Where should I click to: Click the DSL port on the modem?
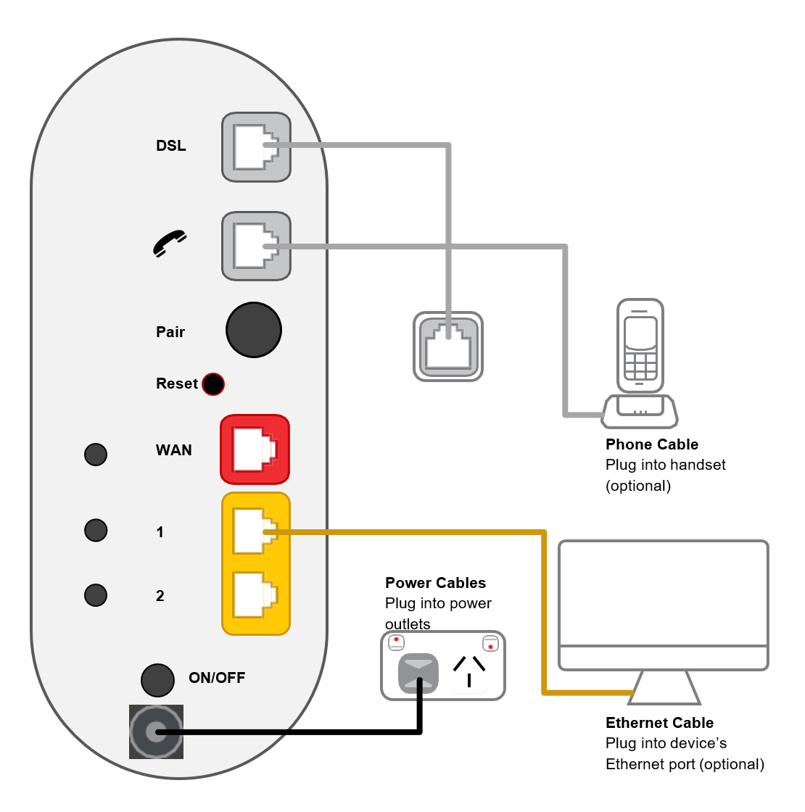[255, 147]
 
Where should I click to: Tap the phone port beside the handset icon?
[255, 246]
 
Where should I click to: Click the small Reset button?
[212, 384]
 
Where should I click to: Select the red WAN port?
[255, 449]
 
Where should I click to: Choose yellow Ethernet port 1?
[255, 531]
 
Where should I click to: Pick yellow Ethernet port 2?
[255, 595]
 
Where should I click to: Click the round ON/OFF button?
[157, 680]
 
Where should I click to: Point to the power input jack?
[156, 732]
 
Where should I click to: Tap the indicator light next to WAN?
[96, 455]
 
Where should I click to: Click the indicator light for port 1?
[96, 530]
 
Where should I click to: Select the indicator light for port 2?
[96, 595]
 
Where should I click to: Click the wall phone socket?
[448, 347]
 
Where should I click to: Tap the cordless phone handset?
[640, 346]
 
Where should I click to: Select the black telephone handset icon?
[170, 244]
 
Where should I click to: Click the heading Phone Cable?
[652, 444]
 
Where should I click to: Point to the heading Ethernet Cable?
[659, 723]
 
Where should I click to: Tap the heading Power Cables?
[435, 583]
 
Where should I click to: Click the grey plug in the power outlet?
[418, 674]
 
